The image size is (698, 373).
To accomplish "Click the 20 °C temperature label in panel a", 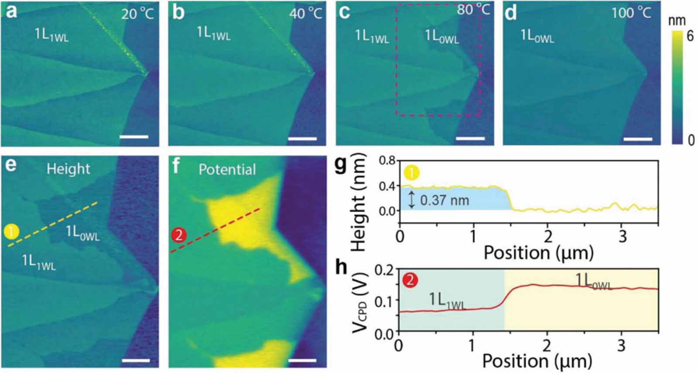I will tap(137, 14).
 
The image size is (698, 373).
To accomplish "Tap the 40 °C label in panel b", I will tap(305, 13).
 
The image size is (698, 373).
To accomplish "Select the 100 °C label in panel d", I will tap(631, 12).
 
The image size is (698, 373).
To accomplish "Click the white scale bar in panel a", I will tap(134, 137).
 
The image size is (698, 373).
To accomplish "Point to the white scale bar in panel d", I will tap(638, 139).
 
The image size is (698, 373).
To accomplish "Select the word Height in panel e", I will tap(68, 169).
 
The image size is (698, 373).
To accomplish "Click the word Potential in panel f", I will tap(227, 169).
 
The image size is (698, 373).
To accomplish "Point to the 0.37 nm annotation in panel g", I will tap(444, 200).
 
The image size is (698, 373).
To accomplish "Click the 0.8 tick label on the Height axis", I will tap(387, 161).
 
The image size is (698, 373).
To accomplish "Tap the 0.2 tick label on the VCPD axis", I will tap(384, 270).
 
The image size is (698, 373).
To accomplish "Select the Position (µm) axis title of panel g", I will tap(538, 252).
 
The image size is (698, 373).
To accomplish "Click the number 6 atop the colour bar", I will tap(690, 35).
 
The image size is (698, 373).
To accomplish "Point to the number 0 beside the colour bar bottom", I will tap(691, 140).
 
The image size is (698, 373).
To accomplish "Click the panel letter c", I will tap(344, 12).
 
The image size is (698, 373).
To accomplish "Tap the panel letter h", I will tap(342, 267).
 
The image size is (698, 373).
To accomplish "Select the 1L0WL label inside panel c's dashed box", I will tap(441, 37).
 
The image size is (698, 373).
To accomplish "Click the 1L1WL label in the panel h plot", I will tap(447, 300).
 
